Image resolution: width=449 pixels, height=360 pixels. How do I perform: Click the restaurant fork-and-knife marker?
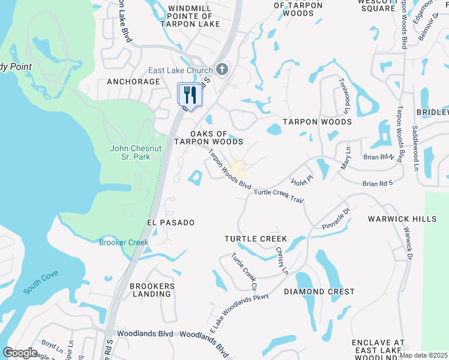190,95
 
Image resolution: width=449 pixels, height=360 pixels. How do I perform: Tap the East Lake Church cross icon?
222,70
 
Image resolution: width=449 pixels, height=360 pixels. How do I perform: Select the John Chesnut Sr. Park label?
130,152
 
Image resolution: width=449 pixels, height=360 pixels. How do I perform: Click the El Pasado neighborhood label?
170,223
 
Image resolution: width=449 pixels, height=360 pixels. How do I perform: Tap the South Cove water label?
41,282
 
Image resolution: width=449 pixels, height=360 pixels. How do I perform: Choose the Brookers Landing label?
152,290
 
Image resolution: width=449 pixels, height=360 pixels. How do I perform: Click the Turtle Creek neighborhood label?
255,239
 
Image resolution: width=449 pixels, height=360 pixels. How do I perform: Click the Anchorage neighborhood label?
133,82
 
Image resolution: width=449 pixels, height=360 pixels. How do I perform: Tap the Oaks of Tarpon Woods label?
208,137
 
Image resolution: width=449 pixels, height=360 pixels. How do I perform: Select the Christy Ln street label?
282,260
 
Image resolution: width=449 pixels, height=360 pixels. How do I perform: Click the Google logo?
20,353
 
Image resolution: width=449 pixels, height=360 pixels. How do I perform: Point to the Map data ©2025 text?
423,355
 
